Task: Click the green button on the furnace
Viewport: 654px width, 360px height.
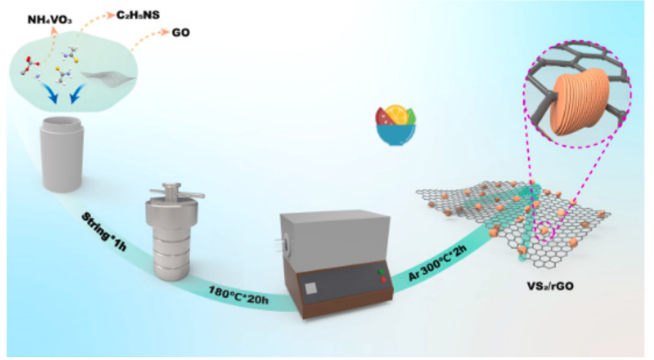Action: pyautogui.click(x=383, y=271)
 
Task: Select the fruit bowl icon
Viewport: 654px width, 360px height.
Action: pyautogui.click(x=396, y=126)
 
